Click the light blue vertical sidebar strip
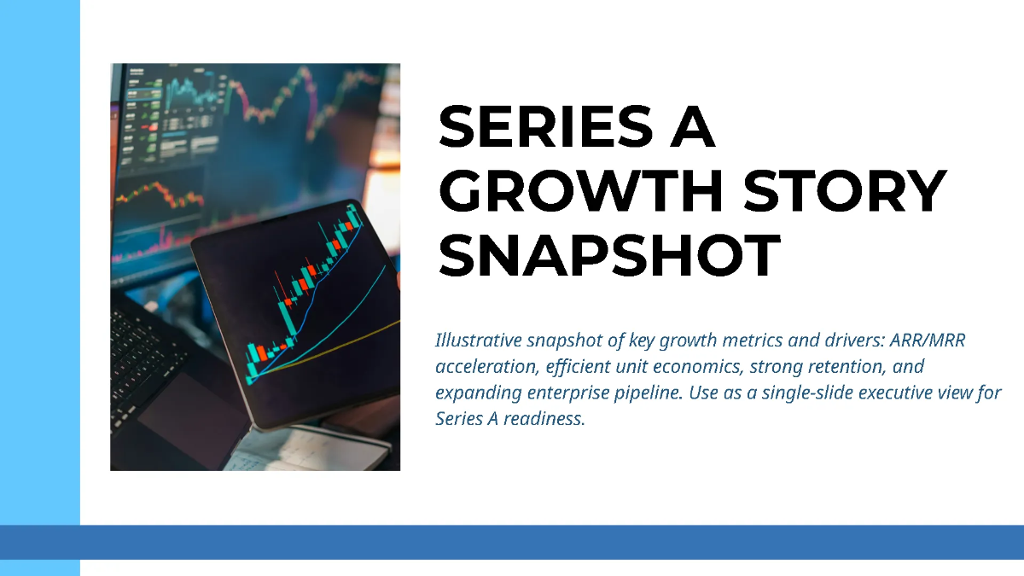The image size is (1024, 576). coord(39,256)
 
